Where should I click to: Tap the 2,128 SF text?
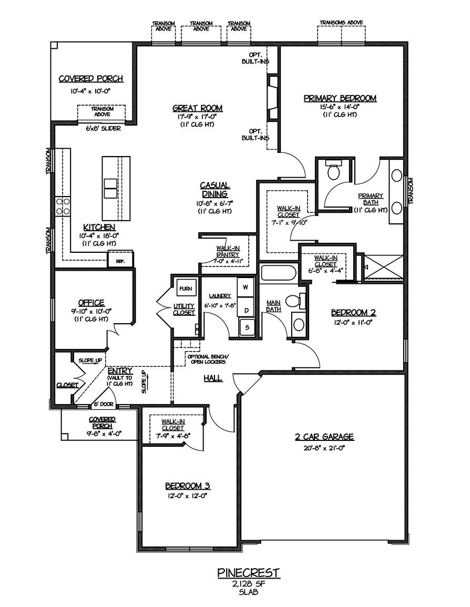tap(249, 583)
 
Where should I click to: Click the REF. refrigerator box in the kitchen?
tap(120, 260)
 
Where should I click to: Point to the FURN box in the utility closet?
tap(185, 289)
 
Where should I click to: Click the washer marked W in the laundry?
tap(246, 287)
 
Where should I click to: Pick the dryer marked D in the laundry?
tap(246, 310)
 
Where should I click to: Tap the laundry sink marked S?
tap(246, 328)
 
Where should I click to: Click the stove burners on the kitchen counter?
tap(63, 206)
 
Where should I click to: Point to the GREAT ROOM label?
tap(197, 108)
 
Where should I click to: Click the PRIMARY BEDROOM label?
tap(340, 98)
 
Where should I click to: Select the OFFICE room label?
tap(91, 303)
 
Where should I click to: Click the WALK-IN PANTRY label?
tap(228, 251)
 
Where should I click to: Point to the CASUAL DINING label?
tap(214, 190)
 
